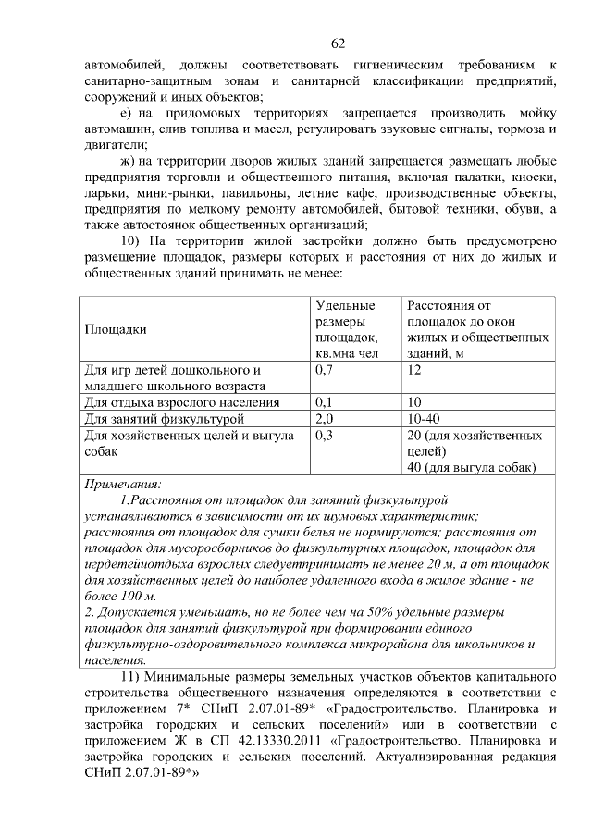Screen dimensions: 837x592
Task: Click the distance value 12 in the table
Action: [x=414, y=370]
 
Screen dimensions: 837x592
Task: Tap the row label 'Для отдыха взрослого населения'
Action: [x=181, y=403]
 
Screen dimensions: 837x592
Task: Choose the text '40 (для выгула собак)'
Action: [x=471, y=468]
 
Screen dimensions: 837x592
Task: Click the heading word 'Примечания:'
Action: [x=122, y=485]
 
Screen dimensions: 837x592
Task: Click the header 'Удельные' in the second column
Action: [x=345, y=304]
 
